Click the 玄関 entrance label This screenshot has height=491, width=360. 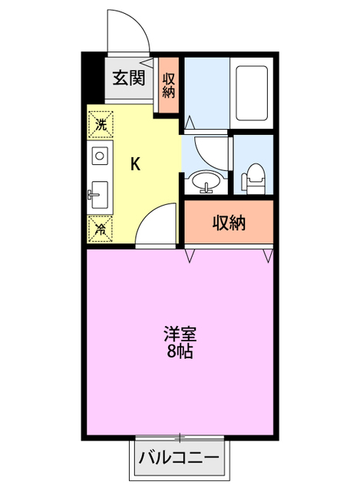click(130, 77)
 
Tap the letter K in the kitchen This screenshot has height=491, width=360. click(134, 163)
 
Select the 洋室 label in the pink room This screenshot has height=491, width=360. click(180, 335)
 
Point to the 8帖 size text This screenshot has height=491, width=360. click(180, 353)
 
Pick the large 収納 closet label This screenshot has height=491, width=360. click(228, 223)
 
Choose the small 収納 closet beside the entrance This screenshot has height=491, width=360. click(169, 84)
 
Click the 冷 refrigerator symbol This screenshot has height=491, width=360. click(100, 227)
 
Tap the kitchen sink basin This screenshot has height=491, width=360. click(98, 194)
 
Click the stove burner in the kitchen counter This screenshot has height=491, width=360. click(99, 157)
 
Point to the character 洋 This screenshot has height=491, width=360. click(171, 335)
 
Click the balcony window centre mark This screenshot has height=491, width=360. click(180, 438)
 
